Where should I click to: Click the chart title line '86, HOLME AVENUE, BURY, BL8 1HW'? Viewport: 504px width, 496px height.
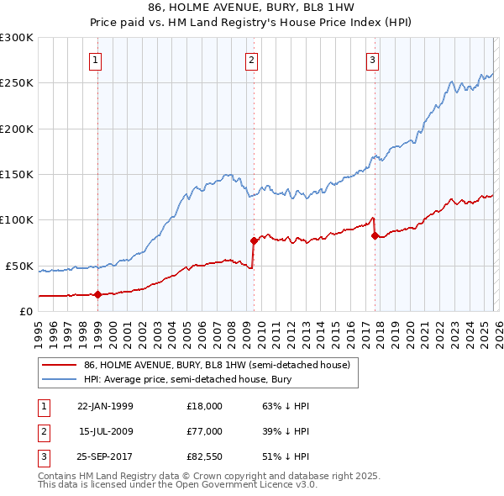tap(251, 8)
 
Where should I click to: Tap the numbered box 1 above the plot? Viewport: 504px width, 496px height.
tap(97, 60)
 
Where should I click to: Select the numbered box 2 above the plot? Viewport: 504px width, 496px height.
tap(251, 60)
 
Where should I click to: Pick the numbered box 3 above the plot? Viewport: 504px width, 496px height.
tap(372, 60)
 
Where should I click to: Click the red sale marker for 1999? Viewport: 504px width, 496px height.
tap(97, 294)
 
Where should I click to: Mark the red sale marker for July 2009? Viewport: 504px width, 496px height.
tap(254, 240)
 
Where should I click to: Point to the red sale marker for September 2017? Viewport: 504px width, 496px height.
tap(375, 235)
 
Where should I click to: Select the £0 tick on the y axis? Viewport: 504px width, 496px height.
tap(25, 311)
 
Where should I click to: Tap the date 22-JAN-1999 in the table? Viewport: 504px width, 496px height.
tap(105, 406)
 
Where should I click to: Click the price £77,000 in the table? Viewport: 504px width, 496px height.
tap(205, 431)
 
